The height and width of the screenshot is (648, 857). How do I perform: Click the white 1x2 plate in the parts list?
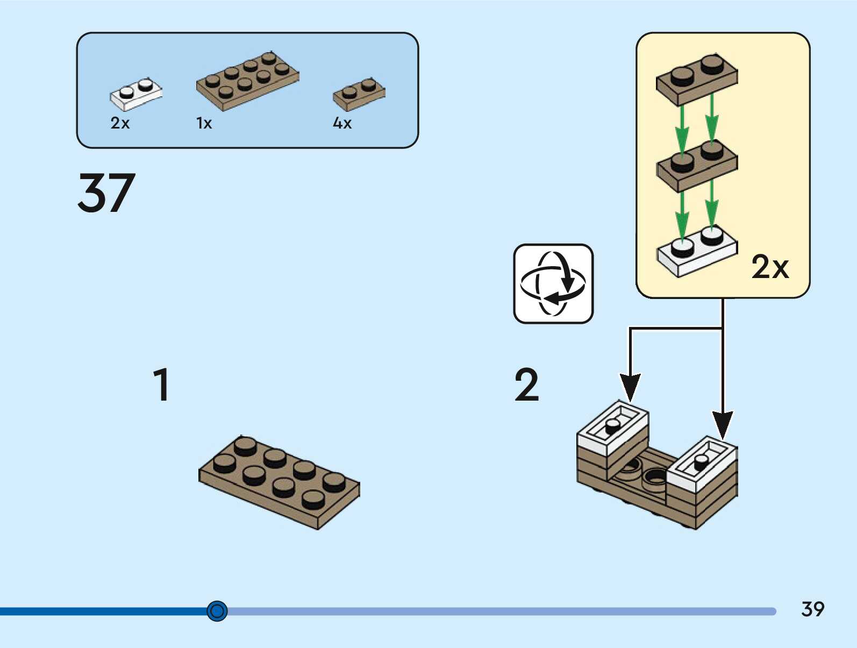point(135,94)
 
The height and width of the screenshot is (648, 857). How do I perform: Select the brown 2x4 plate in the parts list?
point(247,81)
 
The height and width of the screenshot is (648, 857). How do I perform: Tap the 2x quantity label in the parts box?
point(120,123)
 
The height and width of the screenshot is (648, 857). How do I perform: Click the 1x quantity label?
point(204,123)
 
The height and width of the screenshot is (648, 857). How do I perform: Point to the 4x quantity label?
point(342,123)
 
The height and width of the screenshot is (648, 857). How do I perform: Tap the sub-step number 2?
point(526,384)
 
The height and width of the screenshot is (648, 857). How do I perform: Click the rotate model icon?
point(553,283)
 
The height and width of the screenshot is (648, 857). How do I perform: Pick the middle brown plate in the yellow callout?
point(697,165)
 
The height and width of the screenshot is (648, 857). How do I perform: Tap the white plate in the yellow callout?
point(697,251)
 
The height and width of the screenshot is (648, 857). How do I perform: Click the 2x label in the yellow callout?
point(770,267)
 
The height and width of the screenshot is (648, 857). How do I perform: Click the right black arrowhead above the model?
point(723,425)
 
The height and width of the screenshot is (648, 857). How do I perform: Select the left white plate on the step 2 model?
point(613,428)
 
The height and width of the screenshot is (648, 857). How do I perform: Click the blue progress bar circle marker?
point(217,611)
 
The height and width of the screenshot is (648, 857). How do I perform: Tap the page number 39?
point(812,609)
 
